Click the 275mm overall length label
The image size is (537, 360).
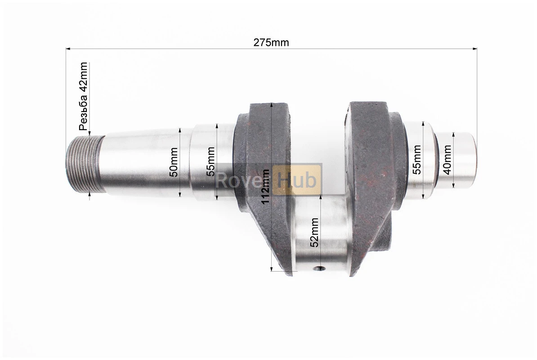(271, 42)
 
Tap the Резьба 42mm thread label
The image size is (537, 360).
(84, 96)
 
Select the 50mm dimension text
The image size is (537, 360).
(174, 162)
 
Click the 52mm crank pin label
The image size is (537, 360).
(314, 232)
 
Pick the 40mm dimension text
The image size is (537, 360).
(447, 160)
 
